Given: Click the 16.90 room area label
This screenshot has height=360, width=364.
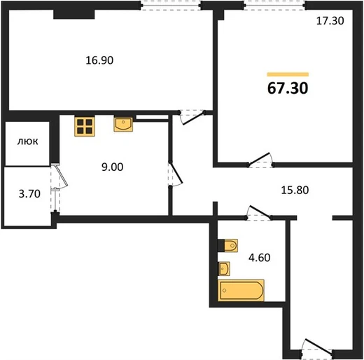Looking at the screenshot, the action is coord(99,60).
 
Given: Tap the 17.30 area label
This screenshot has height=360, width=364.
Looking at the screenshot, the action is coord(330,21).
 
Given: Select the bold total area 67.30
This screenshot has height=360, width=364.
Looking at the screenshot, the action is coord(288,88).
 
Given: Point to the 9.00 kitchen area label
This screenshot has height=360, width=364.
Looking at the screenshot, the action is coord(112,167).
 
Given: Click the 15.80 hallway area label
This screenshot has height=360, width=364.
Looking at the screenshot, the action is coord(295,190).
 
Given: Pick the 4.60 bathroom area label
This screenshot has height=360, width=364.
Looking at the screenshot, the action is coord(260,258).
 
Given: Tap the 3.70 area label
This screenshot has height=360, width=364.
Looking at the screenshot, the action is coord(29,194).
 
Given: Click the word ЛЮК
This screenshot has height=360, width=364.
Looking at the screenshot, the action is coord(27,141).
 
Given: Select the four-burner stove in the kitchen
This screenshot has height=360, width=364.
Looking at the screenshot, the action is coord(85,127).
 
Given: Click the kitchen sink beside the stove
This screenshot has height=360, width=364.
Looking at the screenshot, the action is coord(123,124).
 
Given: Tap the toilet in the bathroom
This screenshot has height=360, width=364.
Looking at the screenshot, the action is coord(227,245).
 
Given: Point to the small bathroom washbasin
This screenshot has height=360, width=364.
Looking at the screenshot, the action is coord(224,268).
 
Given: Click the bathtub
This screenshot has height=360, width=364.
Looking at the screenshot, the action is coord(241,290).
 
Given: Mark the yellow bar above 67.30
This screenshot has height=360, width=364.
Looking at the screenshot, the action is coord(288,74).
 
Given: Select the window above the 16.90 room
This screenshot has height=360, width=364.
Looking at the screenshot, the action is coord(171,6).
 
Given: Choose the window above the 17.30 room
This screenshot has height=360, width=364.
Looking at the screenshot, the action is coord(274,6).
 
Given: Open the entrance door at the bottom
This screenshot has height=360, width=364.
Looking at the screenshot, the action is coord(316,349).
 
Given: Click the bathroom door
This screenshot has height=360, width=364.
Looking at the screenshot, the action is coord(259,213).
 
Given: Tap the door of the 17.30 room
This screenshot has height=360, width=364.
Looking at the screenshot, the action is coord(260,160).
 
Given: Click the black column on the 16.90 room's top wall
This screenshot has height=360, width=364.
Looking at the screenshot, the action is coord(74,14).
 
